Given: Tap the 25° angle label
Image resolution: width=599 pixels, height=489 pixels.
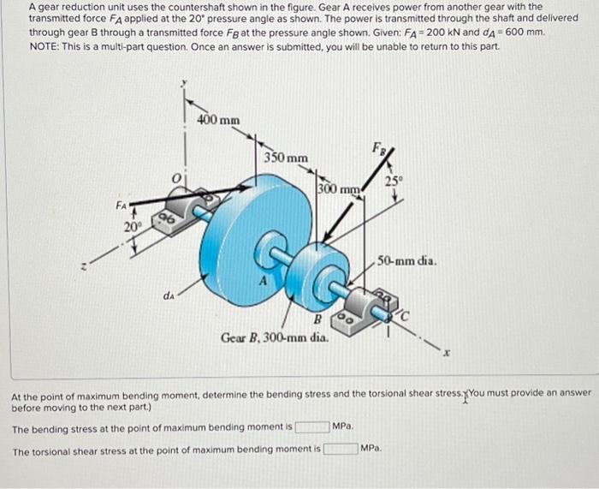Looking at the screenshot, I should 393,181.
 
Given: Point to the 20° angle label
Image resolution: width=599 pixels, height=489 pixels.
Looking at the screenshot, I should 131,227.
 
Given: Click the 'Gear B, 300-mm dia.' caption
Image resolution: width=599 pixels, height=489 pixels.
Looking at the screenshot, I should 274,337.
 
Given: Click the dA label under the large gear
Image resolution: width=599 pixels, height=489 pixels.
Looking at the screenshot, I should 169,296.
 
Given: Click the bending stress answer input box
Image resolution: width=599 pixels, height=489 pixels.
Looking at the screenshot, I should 311,426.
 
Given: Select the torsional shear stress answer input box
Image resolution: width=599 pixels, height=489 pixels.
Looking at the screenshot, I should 340,448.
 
